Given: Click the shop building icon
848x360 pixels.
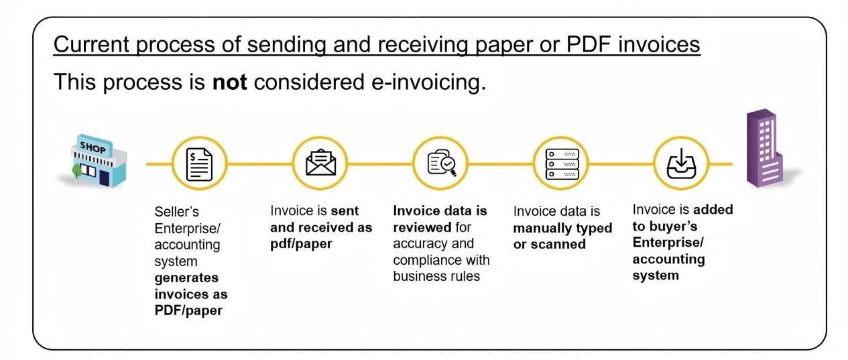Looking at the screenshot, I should point(99,162).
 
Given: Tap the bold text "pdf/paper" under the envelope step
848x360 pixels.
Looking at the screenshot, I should point(296,243).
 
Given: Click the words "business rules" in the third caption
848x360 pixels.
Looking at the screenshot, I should point(436,276).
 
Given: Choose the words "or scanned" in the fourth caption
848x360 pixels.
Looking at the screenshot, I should point(549,244).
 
